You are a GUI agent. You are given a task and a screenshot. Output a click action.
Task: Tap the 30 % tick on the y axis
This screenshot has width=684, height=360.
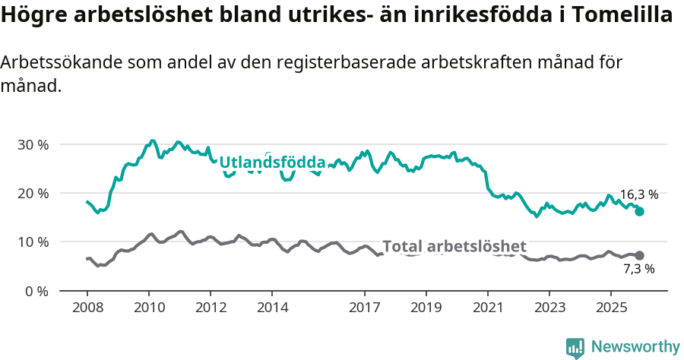(x=33, y=144)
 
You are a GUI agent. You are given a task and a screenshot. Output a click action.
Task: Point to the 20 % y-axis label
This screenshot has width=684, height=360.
(x=33, y=193)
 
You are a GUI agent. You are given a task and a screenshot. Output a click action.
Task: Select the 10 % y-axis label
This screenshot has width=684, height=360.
(x=33, y=242)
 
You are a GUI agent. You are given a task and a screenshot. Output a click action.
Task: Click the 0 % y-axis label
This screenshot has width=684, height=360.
(x=36, y=291)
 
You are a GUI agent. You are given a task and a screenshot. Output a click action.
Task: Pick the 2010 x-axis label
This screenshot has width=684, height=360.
(x=149, y=308)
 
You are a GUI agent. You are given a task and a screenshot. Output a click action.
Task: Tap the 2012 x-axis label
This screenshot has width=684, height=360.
(x=211, y=308)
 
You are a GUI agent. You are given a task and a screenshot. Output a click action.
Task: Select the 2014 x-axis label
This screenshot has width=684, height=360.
(x=272, y=308)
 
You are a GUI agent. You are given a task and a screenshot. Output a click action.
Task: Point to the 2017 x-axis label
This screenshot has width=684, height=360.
(x=364, y=308)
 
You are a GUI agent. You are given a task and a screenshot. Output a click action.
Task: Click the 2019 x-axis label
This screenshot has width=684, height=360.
(x=426, y=308)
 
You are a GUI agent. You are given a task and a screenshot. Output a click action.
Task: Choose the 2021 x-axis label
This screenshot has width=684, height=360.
(x=487, y=308)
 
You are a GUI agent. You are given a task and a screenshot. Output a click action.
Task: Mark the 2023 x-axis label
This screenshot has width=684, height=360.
(x=549, y=308)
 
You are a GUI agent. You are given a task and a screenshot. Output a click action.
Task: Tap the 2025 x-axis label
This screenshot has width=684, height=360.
(x=610, y=308)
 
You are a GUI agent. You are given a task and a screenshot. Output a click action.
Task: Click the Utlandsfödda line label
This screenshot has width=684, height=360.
(x=272, y=163)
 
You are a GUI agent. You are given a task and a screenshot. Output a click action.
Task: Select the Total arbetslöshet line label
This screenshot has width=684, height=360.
(x=454, y=246)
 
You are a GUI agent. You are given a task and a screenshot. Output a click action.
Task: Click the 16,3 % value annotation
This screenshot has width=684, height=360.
(x=638, y=194)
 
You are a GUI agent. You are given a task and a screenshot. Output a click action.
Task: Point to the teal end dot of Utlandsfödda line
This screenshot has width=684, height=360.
(x=639, y=211)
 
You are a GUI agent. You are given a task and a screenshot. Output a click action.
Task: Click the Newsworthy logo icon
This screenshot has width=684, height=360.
(x=575, y=348)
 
